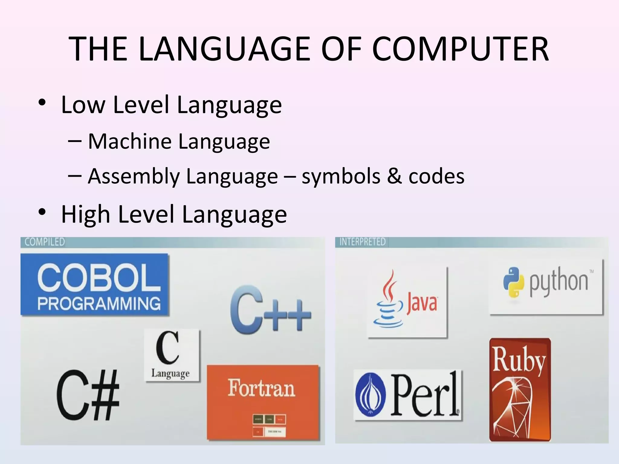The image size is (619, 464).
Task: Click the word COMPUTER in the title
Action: pyautogui.click(x=460, y=49)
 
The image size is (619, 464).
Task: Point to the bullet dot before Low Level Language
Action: pyautogui.click(x=42, y=103)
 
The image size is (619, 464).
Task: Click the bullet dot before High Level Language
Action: pyautogui.click(x=42, y=212)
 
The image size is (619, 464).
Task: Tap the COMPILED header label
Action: pyautogui.click(x=45, y=242)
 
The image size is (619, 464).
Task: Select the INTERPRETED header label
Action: pyautogui.click(x=362, y=242)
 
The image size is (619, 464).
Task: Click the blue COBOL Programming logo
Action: pyautogui.click(x=95, y=285)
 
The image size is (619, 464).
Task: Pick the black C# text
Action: pyautogui.click(x=88, y=395)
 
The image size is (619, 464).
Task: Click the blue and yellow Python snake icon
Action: pyautogui.click(x=513, y=282)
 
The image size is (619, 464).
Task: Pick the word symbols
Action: pyautogui.click(x=341, y=177)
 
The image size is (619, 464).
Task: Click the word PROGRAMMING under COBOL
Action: pyautogui.click(x=99, y=303)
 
